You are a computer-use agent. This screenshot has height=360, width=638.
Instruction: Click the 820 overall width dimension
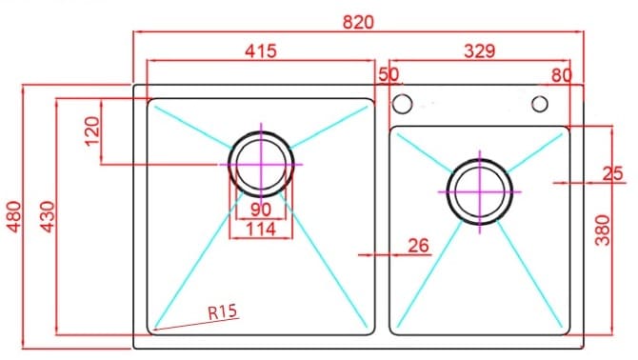(x=358, y=21)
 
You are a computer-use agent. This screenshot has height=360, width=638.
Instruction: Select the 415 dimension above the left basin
(x=260, y=51)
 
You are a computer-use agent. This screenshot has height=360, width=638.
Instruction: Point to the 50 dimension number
(x=389, y=74)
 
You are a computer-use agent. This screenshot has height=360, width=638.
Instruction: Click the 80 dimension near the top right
(x=561, y=74)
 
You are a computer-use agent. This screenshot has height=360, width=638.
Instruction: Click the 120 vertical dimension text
(x=92, y=131)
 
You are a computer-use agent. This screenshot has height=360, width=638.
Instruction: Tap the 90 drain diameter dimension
(x=260, y=210)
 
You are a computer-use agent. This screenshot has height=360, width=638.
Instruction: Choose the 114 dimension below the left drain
(x=260, y=229)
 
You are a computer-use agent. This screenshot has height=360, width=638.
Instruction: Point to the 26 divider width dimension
(x=418, y=246)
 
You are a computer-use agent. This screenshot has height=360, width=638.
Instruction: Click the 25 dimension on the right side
(x=613, y=173)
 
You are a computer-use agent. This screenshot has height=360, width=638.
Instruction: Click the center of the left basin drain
(x=260, y=164)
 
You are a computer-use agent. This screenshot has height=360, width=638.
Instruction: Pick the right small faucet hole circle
(x=539, y=103)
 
